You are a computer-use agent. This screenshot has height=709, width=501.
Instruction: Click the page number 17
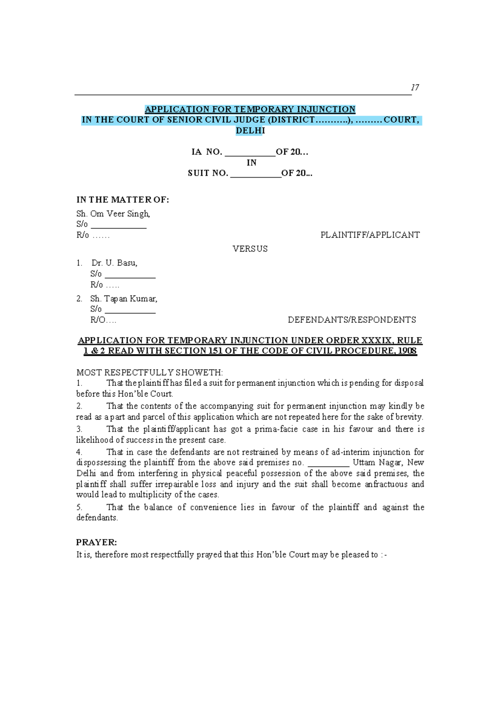click(x=415, y=87)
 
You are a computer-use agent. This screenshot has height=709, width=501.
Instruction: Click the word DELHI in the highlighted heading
click(x=250, y=130)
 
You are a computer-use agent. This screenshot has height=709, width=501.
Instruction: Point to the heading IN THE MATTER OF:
click(x=123, y=200)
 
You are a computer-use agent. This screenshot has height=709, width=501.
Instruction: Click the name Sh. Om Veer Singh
click(x=113, y=214)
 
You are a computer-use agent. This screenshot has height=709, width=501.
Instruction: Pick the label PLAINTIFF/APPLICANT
click(x=370, y=235)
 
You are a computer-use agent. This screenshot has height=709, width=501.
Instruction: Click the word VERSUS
click(x=250, y=249)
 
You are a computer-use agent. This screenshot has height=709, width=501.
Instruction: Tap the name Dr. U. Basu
click(x=114, y=263)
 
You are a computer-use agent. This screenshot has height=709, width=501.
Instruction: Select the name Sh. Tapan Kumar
click(x=124, y=298)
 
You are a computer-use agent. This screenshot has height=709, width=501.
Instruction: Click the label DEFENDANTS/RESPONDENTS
click(x=352, y=320)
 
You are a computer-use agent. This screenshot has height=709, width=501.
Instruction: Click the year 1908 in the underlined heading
click(x=407, y=351)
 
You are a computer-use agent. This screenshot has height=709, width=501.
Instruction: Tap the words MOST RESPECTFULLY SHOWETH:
click(x=149, y=372)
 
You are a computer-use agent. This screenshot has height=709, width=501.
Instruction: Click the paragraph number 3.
click(x=79, y=429)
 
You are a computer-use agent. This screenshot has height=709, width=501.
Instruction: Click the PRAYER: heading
click(x=96, y=542)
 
